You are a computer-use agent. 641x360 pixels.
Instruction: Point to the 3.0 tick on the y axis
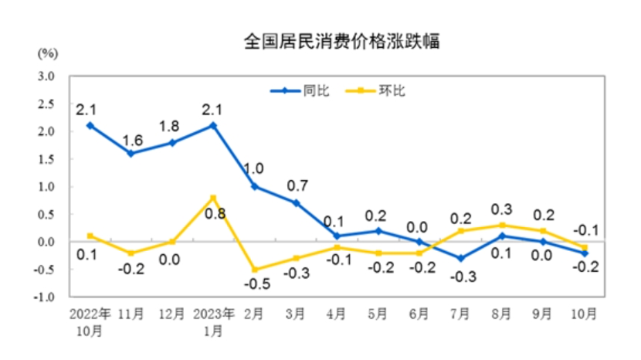[46, 76]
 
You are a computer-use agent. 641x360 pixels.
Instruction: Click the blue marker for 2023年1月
[213, 125]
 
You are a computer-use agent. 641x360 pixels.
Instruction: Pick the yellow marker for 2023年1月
[213, 198]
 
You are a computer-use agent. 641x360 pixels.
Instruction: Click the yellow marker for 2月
[254, 269]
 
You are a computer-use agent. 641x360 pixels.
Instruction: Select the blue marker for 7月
[462, 258]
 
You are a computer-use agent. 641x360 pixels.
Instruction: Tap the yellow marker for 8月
[504, 226]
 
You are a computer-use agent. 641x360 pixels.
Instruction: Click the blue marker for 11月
[131, 153]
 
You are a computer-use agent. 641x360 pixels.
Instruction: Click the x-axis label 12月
[171, 314]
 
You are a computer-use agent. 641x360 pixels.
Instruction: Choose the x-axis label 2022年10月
[90, 321]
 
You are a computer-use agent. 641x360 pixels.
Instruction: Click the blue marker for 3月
[296, 202]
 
